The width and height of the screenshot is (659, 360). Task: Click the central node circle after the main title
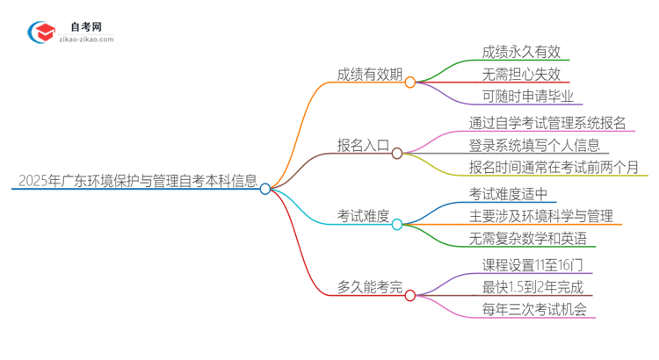[265, 188]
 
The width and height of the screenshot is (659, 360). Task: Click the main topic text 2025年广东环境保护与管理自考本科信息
[137, 182]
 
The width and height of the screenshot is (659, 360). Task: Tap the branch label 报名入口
[364, 145]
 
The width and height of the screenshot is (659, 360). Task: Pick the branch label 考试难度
[364, 216]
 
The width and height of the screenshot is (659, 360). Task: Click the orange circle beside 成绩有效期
[410, 82]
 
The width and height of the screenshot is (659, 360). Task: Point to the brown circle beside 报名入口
[397, 153]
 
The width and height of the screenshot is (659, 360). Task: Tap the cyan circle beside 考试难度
[397, 224]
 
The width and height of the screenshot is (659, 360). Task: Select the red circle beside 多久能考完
[410, 295]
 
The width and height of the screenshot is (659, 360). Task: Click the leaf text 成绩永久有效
[521, 51]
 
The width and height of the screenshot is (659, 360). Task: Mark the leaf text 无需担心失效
[521, 74]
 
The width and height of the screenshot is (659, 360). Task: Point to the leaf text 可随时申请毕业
[527, 97]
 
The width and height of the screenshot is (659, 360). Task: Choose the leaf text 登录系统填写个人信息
[534, 145]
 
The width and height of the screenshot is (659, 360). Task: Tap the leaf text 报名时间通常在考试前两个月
[554, 168]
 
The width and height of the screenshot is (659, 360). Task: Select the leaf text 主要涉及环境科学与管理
[540, 216]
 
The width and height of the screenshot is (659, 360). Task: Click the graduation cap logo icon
[41, 32]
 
